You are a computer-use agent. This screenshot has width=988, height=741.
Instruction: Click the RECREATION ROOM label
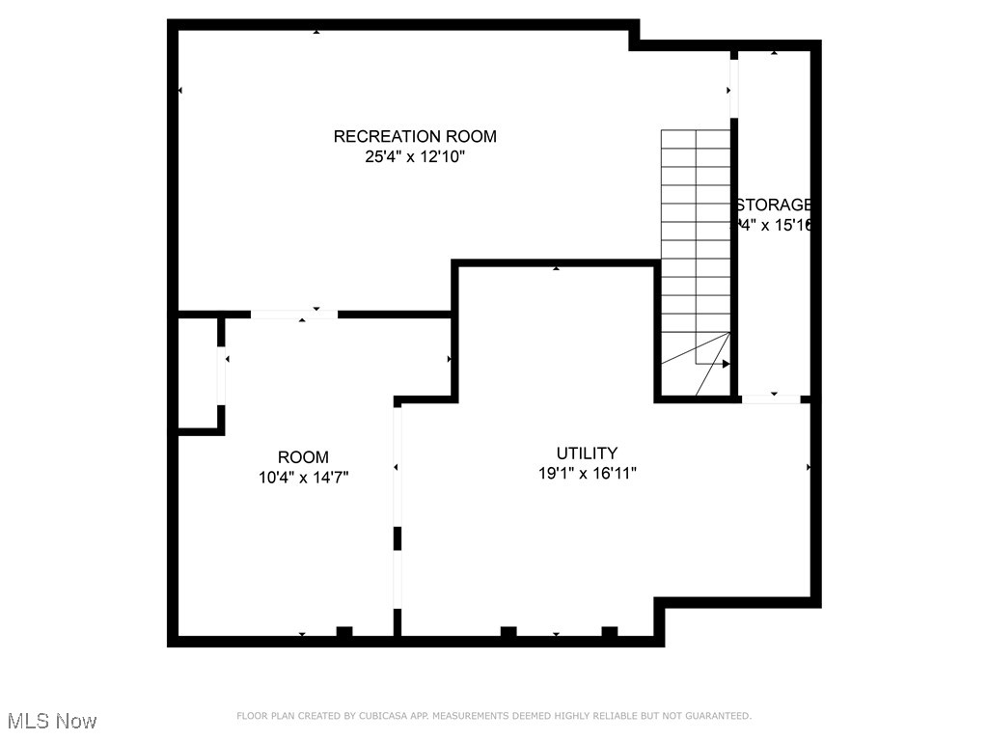415,136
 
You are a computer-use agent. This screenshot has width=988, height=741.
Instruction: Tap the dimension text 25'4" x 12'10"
415,157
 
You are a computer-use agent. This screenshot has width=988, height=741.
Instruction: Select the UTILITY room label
587,453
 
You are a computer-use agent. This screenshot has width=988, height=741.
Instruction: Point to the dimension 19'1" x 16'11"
587,473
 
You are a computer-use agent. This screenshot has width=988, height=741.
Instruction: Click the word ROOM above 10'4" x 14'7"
303,456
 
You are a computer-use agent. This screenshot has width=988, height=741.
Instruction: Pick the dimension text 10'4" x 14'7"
303,477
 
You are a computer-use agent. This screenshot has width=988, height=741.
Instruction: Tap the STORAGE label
773,205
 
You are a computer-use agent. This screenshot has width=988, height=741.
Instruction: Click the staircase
696,261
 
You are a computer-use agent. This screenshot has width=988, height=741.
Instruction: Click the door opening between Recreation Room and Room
294,314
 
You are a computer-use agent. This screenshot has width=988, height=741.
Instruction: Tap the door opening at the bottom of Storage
771,398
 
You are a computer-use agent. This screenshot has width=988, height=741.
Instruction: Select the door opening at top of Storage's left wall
734,88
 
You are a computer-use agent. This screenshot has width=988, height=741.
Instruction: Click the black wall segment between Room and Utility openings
397,538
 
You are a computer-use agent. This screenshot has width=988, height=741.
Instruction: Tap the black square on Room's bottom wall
343,632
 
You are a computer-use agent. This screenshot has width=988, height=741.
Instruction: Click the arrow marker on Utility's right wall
809,467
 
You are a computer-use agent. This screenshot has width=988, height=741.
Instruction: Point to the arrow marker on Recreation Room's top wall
316,32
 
